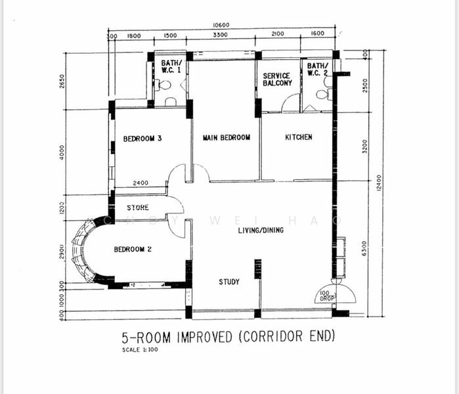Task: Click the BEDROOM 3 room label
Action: (x=142, y=139)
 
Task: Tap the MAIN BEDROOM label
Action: (x=227, y=138)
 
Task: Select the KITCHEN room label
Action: (x=298, y=137)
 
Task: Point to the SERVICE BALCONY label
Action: (x=277, y=79)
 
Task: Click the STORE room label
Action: (x=137, y=208)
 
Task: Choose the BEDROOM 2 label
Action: (x=133, y=250)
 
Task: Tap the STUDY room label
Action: (x=229, y=282)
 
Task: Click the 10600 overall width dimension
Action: (x=221, y=26)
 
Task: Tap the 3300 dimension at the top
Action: (x=221, y=35)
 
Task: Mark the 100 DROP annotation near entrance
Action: (x=326, y=296)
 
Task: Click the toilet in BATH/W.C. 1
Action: (x=164, y=85)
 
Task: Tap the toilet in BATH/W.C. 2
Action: (x=322, y=94)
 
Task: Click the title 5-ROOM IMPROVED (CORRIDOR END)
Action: (x=229, y=337)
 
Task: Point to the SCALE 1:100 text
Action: (x=140, y=349)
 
